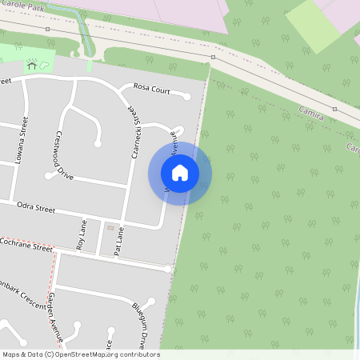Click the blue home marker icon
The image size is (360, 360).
pos(180,172)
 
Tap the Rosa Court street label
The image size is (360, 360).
pos(151,88)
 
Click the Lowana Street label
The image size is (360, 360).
pos(20,140)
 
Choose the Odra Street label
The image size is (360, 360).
pos(36,209)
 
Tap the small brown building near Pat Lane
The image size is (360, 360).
pos(110,228)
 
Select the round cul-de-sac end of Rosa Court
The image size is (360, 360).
pos(187,97)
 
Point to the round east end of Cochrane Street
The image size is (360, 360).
pos(169,270)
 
